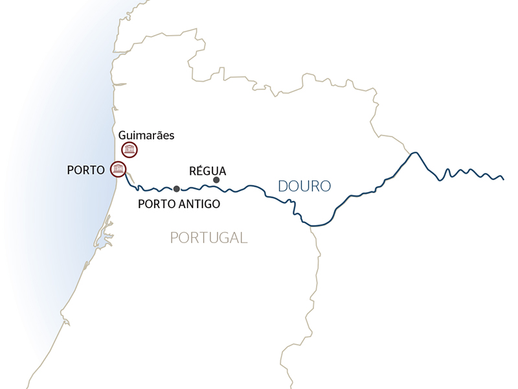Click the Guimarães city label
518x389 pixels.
[147, 136]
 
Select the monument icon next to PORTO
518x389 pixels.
[118, 169]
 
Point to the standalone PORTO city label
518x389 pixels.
[85, 170]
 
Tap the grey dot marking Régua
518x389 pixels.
[216, 180]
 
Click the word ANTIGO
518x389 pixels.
[199, 204]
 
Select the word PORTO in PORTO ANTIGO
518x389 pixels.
[157, 204]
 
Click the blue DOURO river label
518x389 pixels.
[304, 186]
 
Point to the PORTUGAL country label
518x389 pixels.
[208, 237]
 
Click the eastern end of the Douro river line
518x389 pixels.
[503, 179]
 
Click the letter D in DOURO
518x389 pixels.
[283, 186]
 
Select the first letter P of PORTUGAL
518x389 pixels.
[174, 237]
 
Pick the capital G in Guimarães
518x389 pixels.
[123, 136]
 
